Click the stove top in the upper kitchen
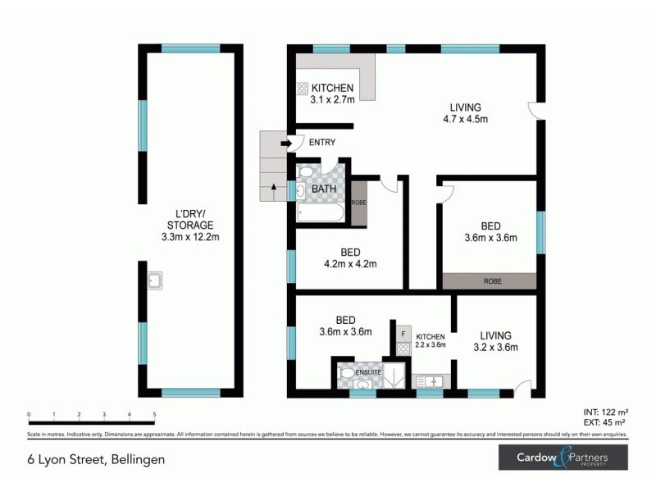tap(302, 89)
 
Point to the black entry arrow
tap(285, 143)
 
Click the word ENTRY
tap(321, 143)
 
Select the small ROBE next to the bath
tap(358, 202)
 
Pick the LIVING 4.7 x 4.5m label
tap(465, 113)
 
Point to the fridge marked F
tap(403, 334)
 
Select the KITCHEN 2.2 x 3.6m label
tap(430, 341)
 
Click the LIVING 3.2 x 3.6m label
tap(495, 341)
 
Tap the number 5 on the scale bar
tap(154, 415)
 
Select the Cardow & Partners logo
tap(563, 458)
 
